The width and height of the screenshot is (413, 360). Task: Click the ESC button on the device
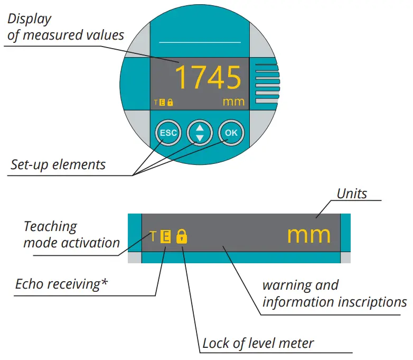pos(168,133)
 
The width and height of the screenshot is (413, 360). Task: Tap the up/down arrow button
pos(200,133)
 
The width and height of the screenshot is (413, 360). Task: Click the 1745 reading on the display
pos(208,78)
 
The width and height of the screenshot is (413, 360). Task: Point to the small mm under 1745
pos(233,101)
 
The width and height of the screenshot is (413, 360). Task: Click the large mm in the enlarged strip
pos(309,235)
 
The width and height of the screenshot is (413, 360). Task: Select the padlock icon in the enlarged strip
pos(182,236)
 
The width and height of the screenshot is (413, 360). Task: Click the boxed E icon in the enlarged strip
pos(165,236)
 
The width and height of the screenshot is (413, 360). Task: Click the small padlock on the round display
pos(170,103)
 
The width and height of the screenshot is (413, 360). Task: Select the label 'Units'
pos(352,193)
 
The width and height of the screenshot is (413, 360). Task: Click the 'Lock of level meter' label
pos(258,344)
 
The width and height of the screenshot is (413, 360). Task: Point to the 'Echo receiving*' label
pos(61,284)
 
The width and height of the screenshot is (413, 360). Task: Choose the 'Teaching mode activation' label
pos(64,235)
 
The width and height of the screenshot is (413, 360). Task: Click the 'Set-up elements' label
pos(58,164)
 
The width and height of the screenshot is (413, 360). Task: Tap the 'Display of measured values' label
pos(66,27)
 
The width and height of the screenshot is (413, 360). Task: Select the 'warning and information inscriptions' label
pos(334,294)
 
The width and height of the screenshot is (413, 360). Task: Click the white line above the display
pos(200,42)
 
